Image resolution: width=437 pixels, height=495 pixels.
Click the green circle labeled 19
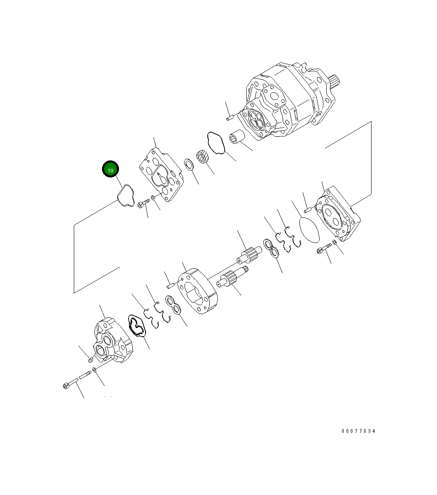[x=111, y=170]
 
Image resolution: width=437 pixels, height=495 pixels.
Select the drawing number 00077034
[x=358, y=431]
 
